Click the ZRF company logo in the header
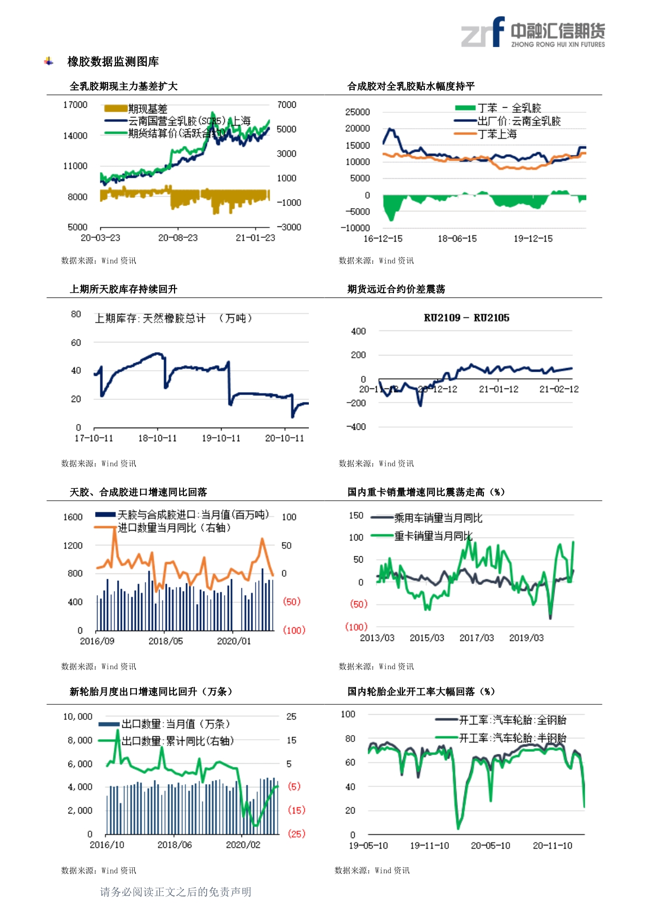tap(533, 32)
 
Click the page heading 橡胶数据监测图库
tap(113, 62)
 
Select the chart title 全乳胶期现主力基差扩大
tap(123, 86)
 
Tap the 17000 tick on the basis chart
tap(75, 105)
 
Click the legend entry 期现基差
tap(147, 109)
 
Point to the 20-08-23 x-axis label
tap(178, 238)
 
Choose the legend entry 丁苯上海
tap(497, 134)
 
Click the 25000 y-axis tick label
tap(357, 112)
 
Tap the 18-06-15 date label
tap(457, 239)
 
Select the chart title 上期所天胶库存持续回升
tap(123, 289)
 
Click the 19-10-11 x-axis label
tap(221, 438)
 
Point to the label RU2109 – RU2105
tap(466, 318)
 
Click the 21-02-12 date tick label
tap(559, 389)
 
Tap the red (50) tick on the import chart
tap(292, 602)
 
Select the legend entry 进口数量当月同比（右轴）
tap(173, 528)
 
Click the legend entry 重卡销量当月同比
tap(433, 536)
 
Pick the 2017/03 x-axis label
tap(476, 638)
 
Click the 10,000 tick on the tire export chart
tap(78, 717)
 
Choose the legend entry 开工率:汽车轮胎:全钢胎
tap(512, 720)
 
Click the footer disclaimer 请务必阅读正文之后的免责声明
tap(176, 892)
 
